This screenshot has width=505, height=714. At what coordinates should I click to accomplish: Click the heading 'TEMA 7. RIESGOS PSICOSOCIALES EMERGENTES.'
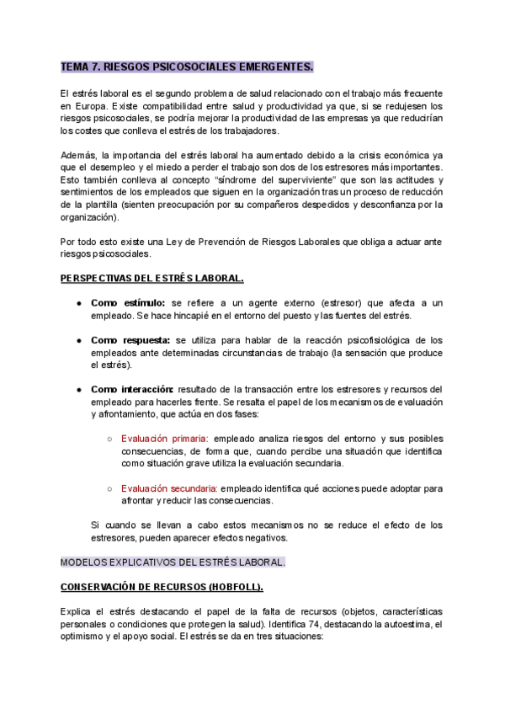point(187,66)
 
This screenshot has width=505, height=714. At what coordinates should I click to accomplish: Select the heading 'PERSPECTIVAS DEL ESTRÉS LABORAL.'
point(151,278)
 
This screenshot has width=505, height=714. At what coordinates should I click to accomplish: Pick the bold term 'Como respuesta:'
point(131,340)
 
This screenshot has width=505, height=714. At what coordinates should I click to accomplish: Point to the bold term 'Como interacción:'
point(132,389)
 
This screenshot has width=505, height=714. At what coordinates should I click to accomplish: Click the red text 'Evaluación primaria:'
point(165,439)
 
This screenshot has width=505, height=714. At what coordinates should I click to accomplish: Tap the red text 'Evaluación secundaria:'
point(170,488)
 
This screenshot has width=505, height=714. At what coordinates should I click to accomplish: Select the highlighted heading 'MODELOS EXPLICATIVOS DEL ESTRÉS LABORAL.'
point(173,562)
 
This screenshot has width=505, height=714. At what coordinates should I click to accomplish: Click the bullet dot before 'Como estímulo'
point(78,303)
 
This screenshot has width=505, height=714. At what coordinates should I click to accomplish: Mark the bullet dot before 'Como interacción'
point(78,390)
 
